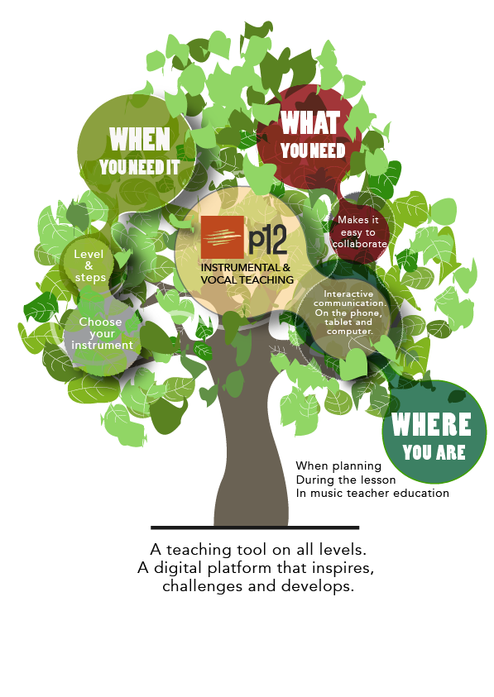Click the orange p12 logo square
(222, 237)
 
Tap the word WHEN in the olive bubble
(140, 139)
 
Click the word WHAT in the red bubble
(310, 122)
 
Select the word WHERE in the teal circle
(431, 424)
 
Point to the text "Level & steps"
(89, 266)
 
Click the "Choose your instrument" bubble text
(102, 333)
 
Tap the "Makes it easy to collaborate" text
(358, 232)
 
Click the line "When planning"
(338, 465)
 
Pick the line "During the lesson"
(346, 480)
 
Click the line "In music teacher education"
(372, 493)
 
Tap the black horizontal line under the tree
(255, 528)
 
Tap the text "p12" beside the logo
(267, 239)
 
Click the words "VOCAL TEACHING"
(247, 280)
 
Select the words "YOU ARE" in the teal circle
(434, 452)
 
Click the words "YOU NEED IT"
(139, 167)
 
